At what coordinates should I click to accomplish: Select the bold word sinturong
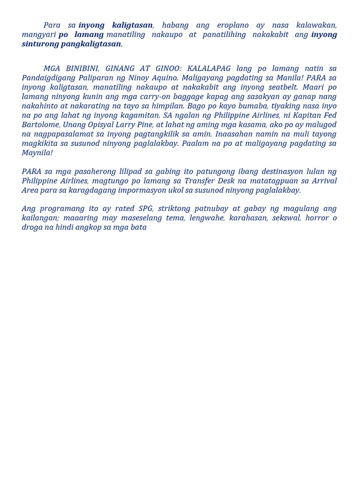tap(40, 44)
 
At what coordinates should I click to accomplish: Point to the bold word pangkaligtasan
tap(91, 44)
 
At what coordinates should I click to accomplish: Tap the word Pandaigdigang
tap(49, 78)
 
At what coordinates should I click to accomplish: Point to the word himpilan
tap(166, 106)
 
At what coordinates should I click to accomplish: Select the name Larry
tap(127, 125)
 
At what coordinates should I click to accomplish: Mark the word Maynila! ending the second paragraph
tap(37, 153)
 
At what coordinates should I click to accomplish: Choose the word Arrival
tap(324, 181)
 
